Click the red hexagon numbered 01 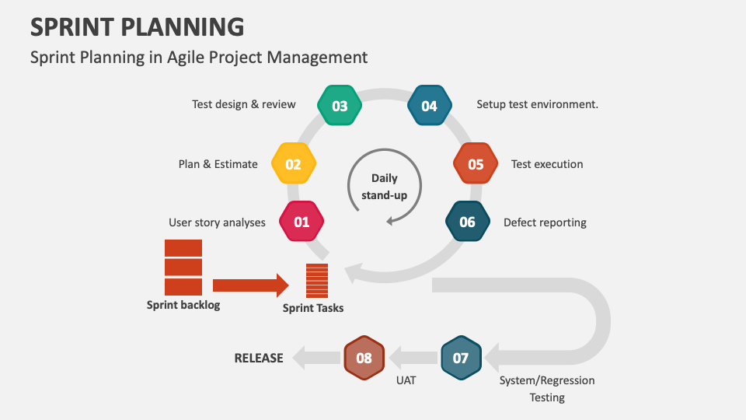pyautogui.click(x=302, y=222)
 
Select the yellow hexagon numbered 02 pyautogui.click(x=293, y=164)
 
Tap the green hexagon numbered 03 pyautogui.click(x=340, y=106)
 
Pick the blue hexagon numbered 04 pyautogui.click(x=429, y=106)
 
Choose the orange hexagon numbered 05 pyautogui.click(x=476, y=164)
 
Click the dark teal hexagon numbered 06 pyautogui.click(x=467, y=222)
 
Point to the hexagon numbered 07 pyautogui.click(x=461, y=359)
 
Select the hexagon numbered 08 pyautogui.click(x=364, y=359)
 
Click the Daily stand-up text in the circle pyautogui.click(x=385, y=187)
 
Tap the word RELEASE pyautogui.click(x=259, y=359)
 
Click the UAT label pyautogui.click(x=406, y=380)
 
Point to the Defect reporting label pyautogui.click(x=545, y=222)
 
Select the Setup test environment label pyautogui.click(x=537, y=104)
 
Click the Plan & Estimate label pyautogui.click(x=218, y=164)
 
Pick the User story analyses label pyautogui.click(x=217, y=222)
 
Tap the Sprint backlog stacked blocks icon pyautogui.click(x=183, y=268)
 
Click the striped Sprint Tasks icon pyautogui.click(x=317, y=281)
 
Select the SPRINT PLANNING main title pyautogui.click(x=137, y=27)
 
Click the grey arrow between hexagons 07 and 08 pyautogui.click(x=413, y=359)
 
